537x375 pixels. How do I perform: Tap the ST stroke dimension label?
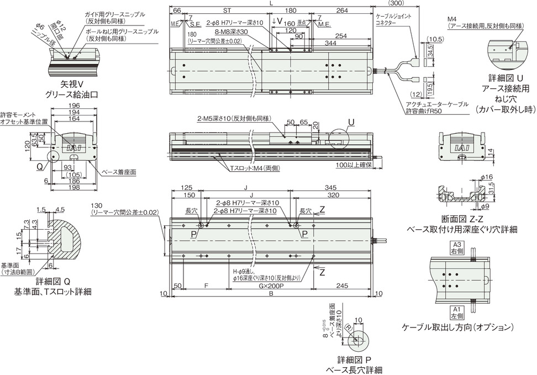click(x=227, y=10)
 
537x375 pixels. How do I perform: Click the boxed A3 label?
click(x=456, y=245)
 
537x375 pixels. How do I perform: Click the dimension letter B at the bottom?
click(x=270, y=294)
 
